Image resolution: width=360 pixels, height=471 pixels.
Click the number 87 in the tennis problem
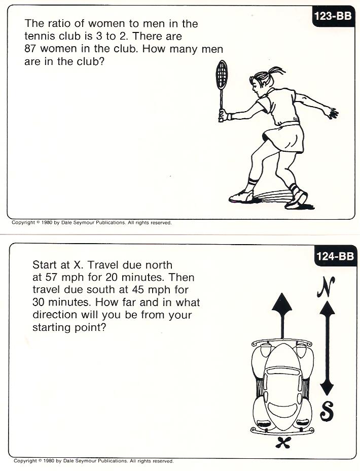[x=30, y=49]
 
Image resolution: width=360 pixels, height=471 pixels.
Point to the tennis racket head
[x=222, y=75]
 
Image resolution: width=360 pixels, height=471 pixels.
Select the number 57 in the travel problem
[x=51, y=277]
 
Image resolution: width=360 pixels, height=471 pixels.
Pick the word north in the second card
[x=159, y=265]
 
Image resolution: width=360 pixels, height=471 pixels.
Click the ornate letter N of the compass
[x=326, y=287]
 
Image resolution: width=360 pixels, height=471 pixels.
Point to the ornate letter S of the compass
[x=327, y=411]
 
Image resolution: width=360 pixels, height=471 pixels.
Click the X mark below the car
[x=283, y=442]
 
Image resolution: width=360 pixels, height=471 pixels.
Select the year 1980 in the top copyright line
[x=47, y=223]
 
